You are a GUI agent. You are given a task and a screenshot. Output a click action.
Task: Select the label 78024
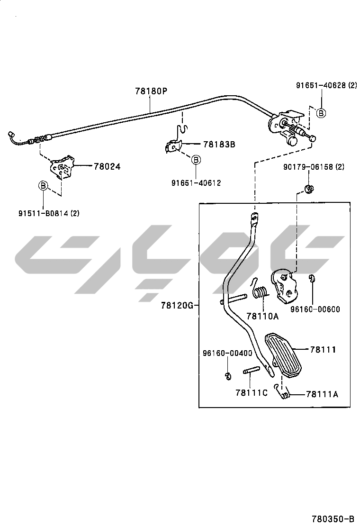point(107,166)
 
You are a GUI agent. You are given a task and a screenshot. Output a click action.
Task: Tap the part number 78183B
point(219,144)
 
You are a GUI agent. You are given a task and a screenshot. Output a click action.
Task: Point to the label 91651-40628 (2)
point(326,85)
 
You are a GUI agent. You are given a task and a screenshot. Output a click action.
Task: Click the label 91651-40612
point(196,182)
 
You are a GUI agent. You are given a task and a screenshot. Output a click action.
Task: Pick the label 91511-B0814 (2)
point(49,213)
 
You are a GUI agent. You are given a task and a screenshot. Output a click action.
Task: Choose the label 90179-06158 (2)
point(314,167)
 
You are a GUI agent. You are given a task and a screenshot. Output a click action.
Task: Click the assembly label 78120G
point(177,306)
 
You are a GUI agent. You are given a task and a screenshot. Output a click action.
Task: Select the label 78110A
point(262,316)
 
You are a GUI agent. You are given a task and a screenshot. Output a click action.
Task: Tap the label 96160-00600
point(315,309)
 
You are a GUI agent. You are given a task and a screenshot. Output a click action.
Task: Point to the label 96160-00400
point(227,353)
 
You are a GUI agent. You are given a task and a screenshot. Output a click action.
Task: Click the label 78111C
point(252,392)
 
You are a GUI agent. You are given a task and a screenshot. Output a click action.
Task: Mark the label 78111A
point(322,394)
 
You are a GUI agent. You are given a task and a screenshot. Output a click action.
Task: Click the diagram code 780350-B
point(333,518)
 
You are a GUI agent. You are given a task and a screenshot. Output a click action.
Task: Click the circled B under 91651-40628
point(321,113)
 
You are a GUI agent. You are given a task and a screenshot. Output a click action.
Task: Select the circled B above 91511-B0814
point(43,186)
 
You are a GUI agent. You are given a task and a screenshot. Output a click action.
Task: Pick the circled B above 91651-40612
point(195,160)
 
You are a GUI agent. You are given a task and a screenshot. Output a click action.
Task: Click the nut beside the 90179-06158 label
point(309,190)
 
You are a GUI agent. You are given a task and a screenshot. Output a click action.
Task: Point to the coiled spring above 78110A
point(259,293)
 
